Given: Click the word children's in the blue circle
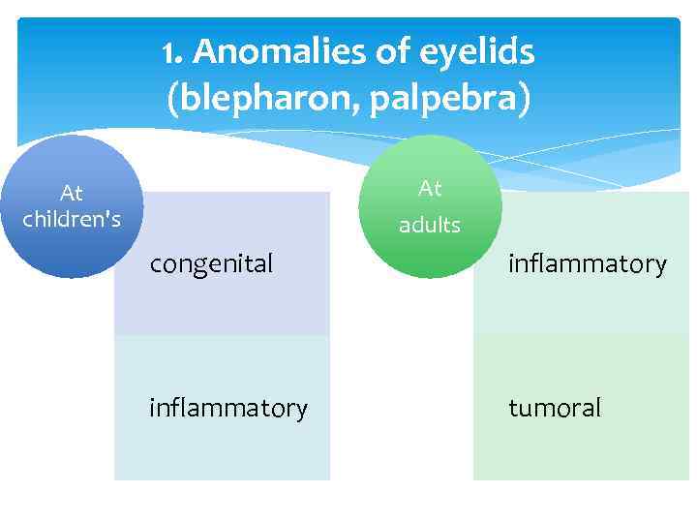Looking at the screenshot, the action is (72, 219).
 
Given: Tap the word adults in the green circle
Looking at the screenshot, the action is (430, 225).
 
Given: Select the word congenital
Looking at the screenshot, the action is (211, 262).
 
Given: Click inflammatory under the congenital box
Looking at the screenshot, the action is (228, 408).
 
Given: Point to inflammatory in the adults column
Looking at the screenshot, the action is (588, 262).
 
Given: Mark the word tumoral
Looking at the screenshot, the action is (555, 408).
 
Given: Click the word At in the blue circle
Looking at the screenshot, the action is (72, 194).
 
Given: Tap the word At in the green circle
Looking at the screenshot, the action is (430, 188).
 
